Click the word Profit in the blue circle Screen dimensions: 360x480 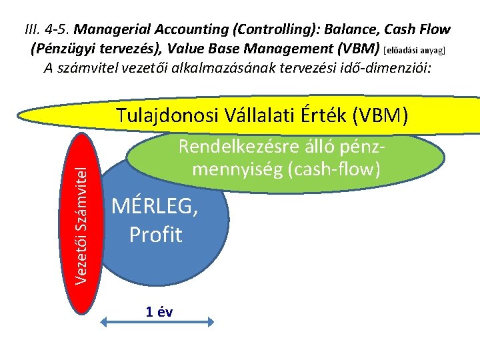[155, 235]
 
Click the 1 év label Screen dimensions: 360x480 [159, 312]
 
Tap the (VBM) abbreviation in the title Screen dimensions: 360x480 [361, 49]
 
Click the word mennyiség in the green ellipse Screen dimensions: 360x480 [233, 169]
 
